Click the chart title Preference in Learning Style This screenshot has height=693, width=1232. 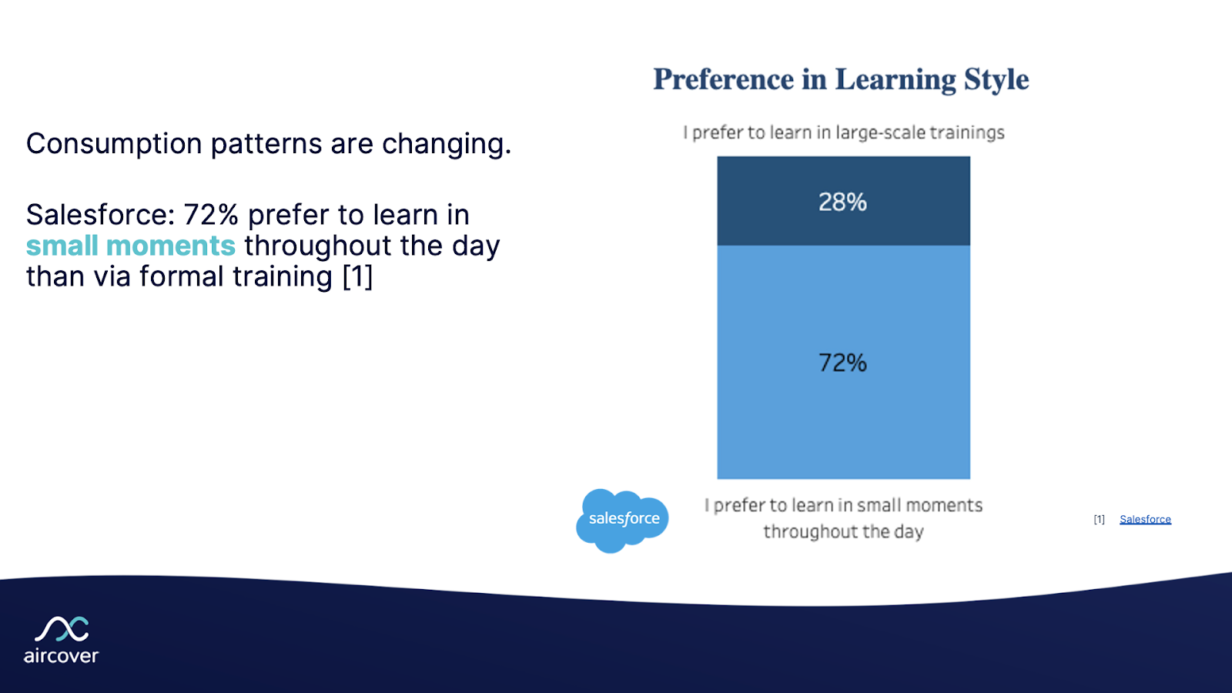tap(841, 80)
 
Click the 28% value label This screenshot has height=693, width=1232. tap(842, 203)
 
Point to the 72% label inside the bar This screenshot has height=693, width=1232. tap(842, 363)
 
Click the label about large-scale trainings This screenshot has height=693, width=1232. tap(843, 132)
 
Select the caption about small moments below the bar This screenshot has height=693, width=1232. tap(843, 518)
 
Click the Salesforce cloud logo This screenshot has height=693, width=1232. tap(623, 520)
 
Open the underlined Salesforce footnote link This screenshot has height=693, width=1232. tap(1145, 520)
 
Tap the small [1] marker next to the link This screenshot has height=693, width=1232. tap(1099, 520)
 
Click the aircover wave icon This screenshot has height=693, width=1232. tap(62, 629)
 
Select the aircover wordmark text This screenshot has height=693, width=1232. tap(62, 656)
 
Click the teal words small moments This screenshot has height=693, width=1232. tap(130, 246)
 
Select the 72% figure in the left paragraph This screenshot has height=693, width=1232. tap(210, 215)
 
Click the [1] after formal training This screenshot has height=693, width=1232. tap(357, 276)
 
